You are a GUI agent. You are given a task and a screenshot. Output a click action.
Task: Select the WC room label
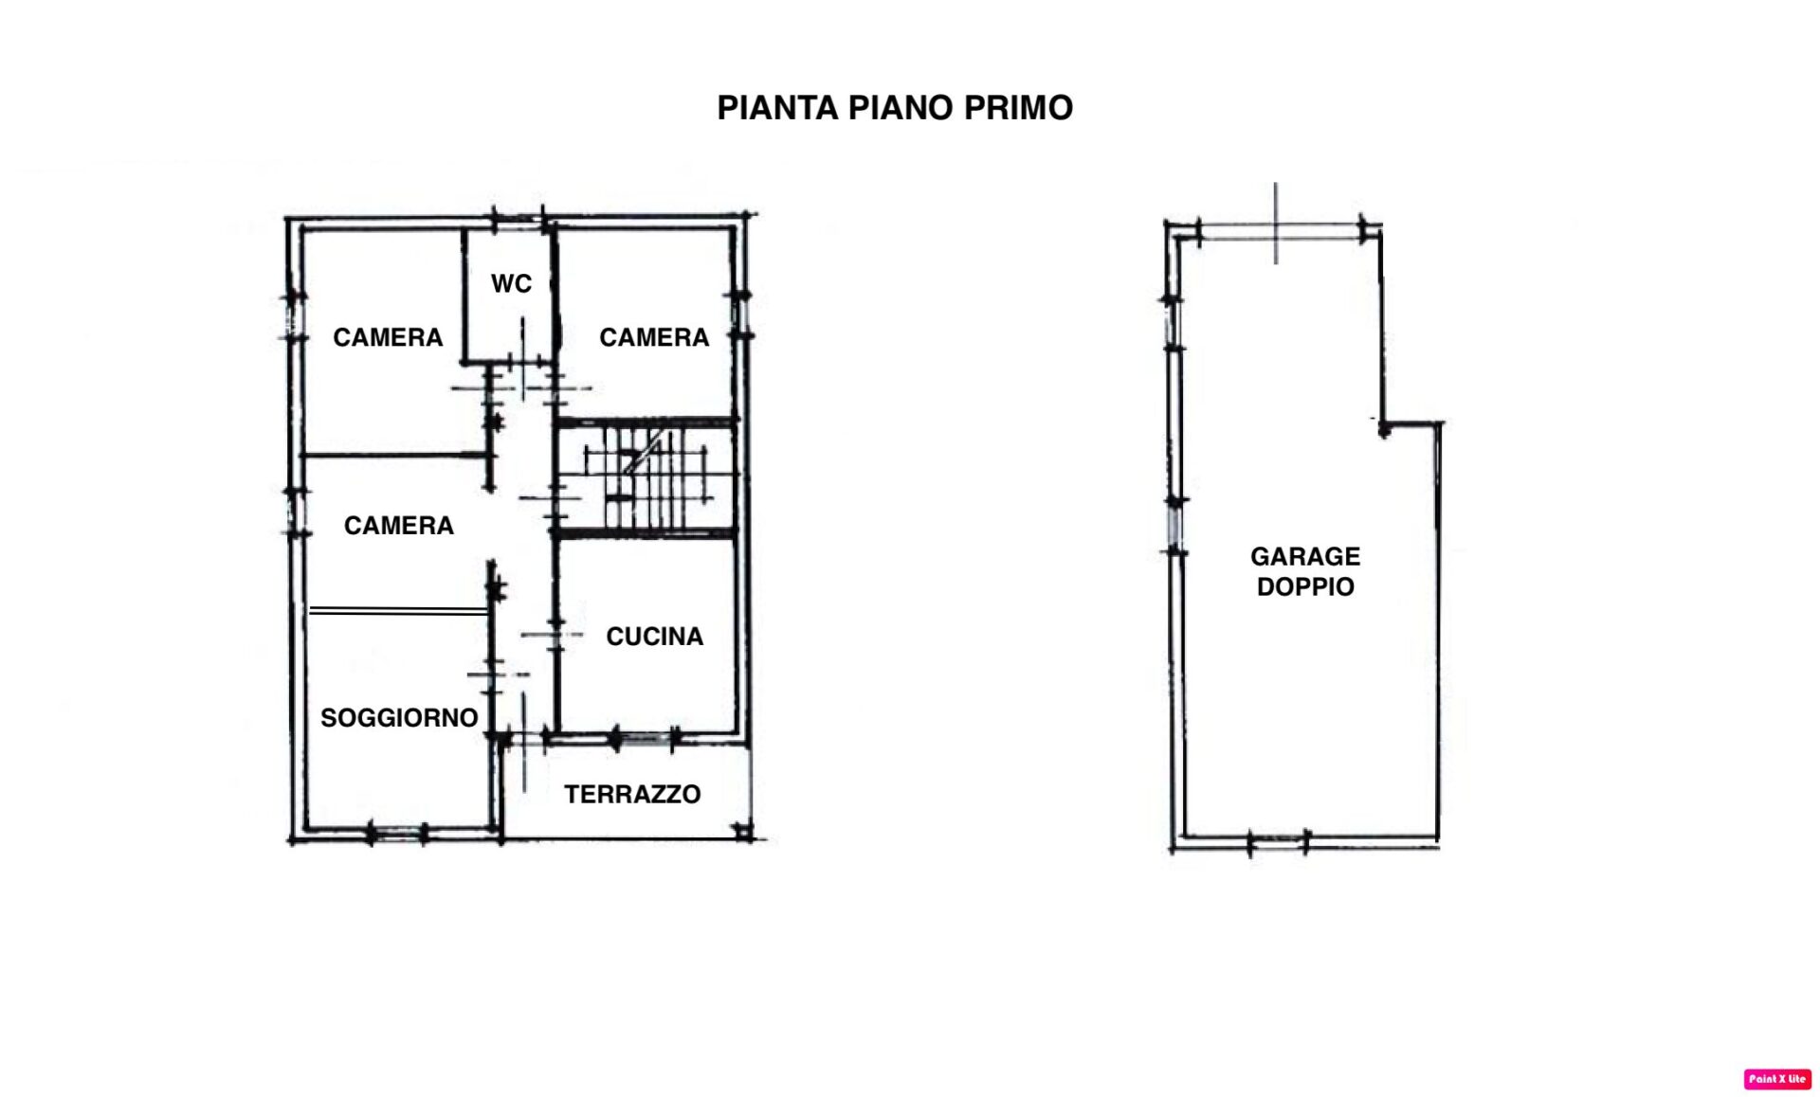511,283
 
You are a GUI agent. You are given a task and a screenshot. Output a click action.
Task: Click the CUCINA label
654,637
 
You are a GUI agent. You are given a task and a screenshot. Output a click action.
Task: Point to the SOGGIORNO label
399,718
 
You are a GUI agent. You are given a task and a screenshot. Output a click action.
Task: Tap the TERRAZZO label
632,794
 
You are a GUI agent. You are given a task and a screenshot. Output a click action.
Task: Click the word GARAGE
1305,556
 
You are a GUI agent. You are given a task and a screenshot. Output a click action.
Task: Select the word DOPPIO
1305,586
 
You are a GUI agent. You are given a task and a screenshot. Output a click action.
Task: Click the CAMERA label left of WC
388,337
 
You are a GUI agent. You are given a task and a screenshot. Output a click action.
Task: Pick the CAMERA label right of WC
654,337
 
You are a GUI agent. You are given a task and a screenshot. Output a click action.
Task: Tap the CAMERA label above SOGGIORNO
398,526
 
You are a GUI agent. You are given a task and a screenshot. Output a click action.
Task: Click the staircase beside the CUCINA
646,477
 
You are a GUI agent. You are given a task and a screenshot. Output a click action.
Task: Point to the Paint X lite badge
1777,1079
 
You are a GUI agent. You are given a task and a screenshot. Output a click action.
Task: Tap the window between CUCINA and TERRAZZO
646,737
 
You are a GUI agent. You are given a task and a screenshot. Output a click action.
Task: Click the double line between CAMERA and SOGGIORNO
399,611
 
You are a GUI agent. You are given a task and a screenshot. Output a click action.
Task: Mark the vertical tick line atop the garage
1276,224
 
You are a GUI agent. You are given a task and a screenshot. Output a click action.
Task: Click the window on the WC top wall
519,221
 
